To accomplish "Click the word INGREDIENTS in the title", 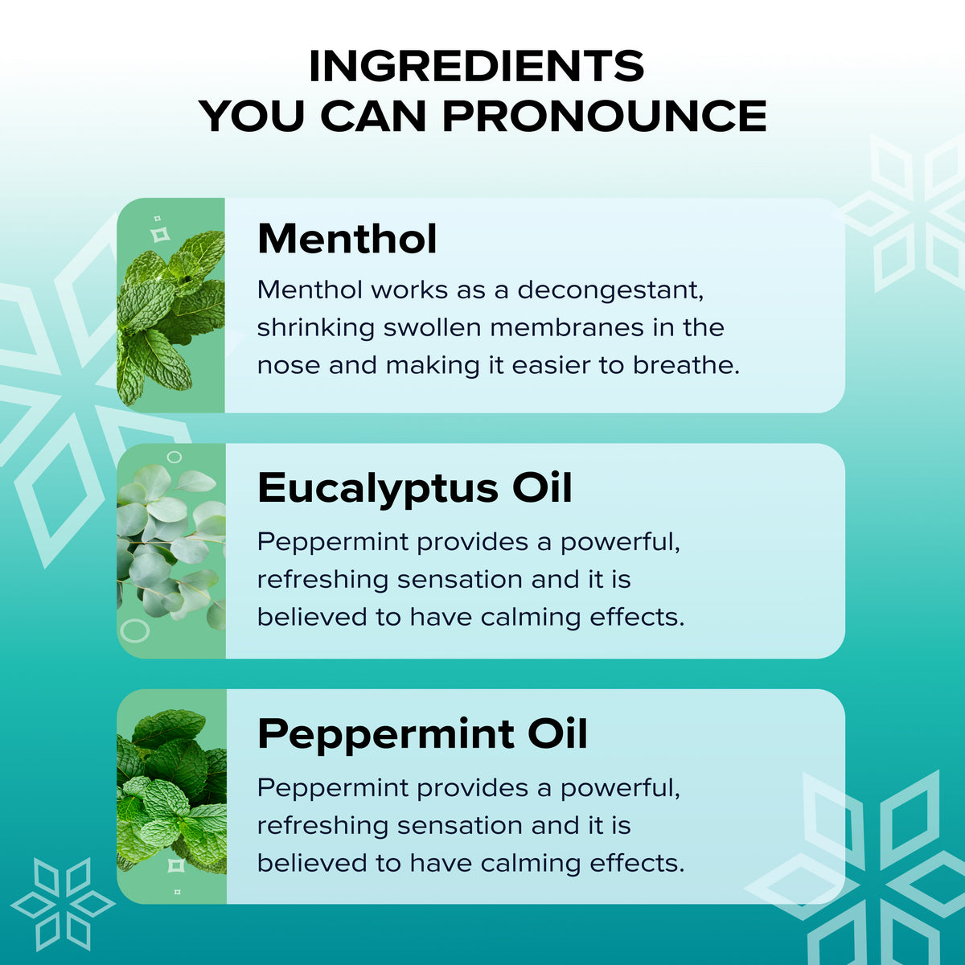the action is [x=476, y=67].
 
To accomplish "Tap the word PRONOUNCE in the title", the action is [x=605, y=116].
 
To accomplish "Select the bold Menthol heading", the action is [x=347, y=239].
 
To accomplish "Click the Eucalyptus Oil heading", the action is [x=415, y=488].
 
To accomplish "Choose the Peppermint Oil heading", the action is [x=422, y=735].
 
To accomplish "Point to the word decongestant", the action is [x=610, y=291].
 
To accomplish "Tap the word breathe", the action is [x=686, y=365].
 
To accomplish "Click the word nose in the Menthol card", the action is [x=289, y=367].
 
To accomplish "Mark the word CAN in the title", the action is [x=374, y=116].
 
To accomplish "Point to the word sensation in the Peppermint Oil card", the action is [x=460, y=827].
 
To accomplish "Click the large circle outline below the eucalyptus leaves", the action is [x=135, y=630].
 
